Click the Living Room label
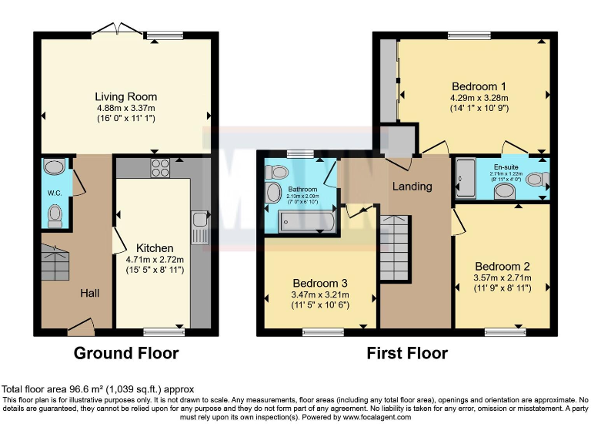(x=126, y=97)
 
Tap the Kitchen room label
(x=155, y=248)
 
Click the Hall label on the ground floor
(x=90, y=294)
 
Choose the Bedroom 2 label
(x=501, y=266)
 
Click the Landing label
(x=412, y=187)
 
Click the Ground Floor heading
(x=126, y=354)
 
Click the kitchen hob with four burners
(x=160, y=168)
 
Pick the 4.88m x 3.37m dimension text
(x=126, y=109)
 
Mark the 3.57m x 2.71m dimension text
(x=501, y=278)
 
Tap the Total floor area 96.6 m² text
(x=98, y=389)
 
